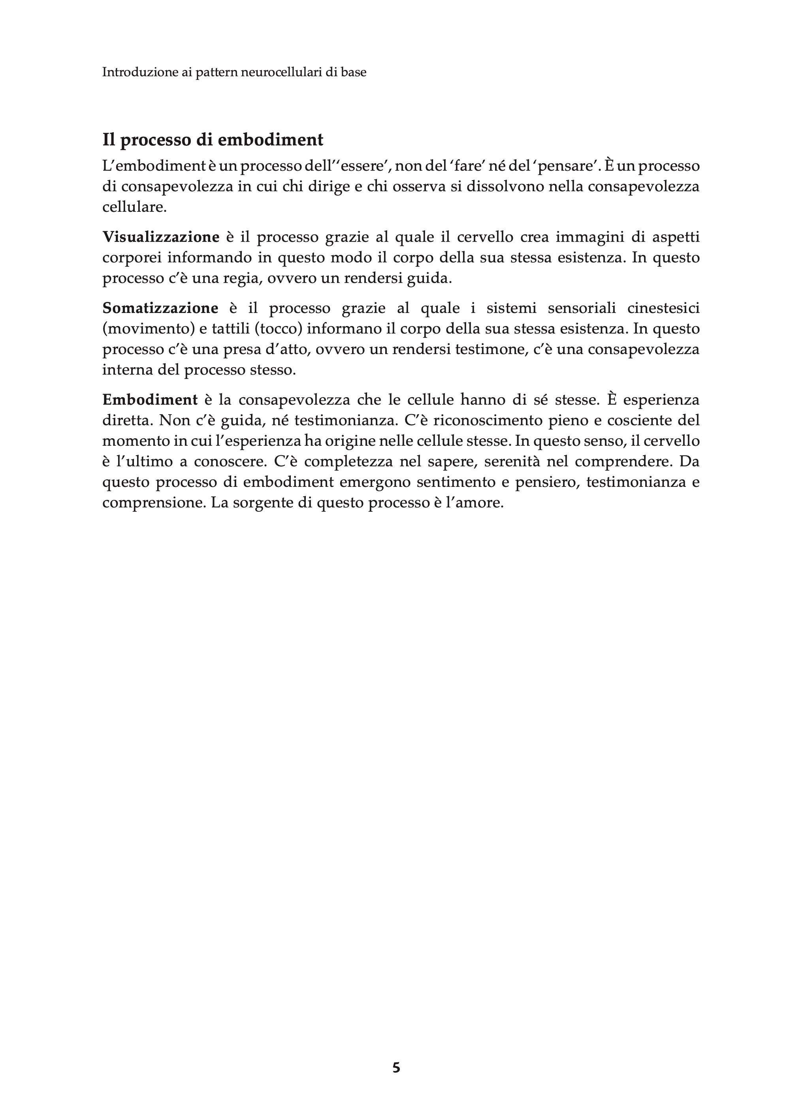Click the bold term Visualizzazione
tap(161, 238)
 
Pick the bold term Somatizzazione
tap(160, 309)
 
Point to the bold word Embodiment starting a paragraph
tap(150, 400)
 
